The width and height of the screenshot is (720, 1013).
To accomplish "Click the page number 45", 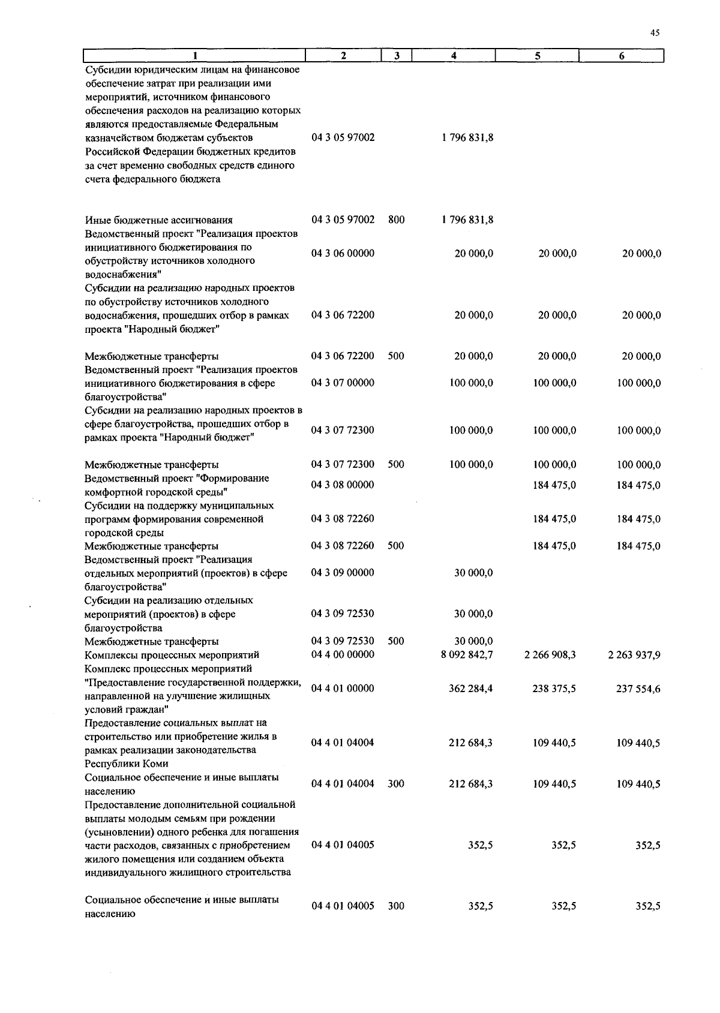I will [x=655, y=34].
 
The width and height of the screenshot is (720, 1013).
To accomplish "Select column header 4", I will [x=454, y=56].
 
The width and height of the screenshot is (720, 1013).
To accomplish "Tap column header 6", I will [x=621, y=56].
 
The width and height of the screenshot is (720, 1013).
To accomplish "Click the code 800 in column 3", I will [x=396, y=220].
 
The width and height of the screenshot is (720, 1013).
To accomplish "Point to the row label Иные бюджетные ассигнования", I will [x=158, y=220].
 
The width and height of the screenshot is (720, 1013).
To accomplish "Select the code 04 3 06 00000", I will [x=343, y=254].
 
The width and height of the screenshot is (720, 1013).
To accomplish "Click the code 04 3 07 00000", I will [x=343, y=383].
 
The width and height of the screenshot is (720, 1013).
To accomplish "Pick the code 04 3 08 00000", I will [x=343, y=485].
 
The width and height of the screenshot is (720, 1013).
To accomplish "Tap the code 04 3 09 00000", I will [x=343, y=573].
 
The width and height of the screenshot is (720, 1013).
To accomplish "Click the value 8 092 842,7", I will [x=466, y=655].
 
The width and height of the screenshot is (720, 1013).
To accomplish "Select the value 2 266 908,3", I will [x=550, y=655].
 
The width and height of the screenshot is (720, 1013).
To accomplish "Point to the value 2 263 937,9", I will [x=634, y=655].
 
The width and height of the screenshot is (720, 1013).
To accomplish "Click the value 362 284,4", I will [x=470, y=689].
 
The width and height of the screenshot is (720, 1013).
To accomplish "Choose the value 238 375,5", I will [x=554, y=689].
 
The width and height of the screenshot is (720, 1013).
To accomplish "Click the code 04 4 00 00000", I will [x=343, y=654].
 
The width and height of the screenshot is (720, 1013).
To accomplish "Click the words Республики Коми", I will [x=127, y=764].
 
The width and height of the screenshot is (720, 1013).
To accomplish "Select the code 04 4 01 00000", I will [x=343, y=689].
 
